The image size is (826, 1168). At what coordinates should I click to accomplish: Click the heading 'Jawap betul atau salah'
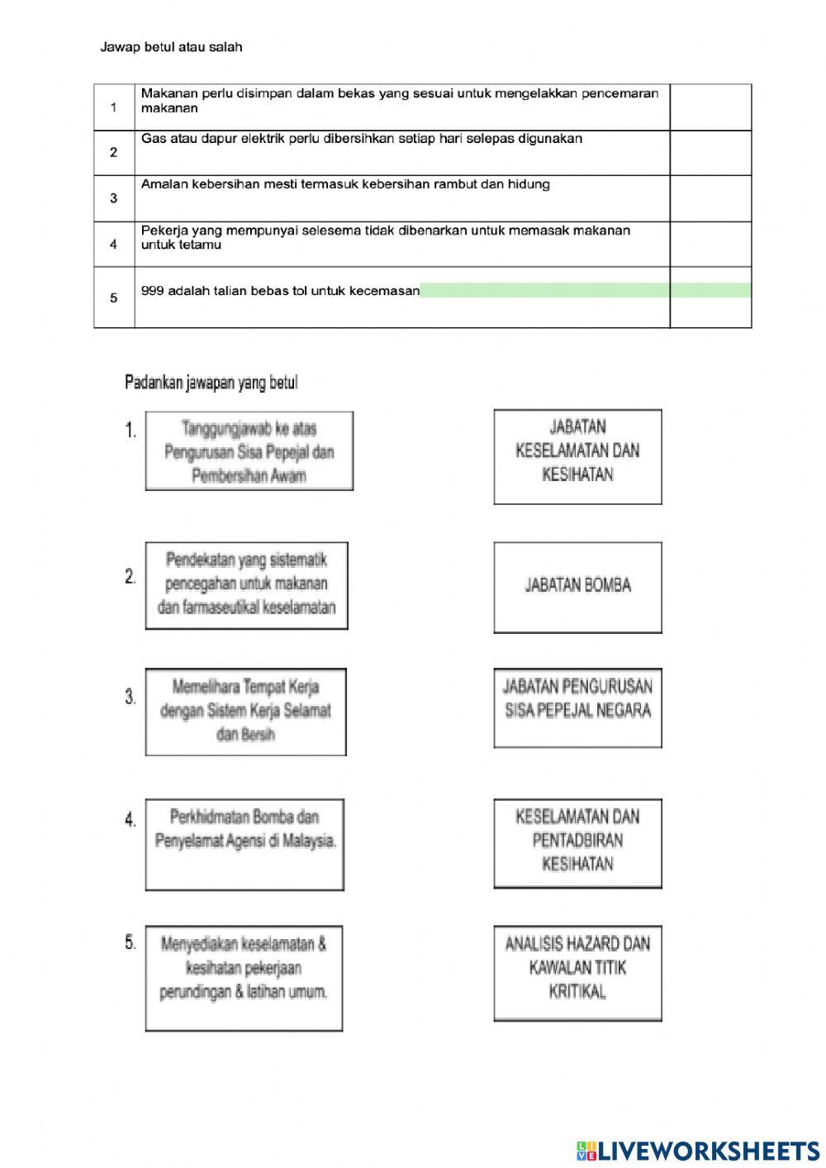(171, 47)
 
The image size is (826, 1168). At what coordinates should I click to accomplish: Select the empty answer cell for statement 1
(710, 107)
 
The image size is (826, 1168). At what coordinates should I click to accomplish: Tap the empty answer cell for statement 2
(710, 153)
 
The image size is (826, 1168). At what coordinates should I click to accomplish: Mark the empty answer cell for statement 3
(710, 198)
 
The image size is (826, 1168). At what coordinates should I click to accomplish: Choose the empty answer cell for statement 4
(710, 244)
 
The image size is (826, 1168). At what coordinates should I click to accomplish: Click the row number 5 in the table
(114, 298)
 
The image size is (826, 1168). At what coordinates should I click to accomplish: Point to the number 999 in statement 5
(152, 291)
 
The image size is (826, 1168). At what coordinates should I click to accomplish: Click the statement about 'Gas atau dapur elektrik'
(361, 139)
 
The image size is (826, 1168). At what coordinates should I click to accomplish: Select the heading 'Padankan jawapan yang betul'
(211, 383)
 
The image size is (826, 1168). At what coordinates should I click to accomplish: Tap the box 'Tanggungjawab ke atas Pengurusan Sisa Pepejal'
(249, 451)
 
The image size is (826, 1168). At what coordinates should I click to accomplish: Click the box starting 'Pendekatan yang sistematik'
(246, 584)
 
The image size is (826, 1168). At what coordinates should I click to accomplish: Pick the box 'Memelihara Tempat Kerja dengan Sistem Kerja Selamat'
(245, 711)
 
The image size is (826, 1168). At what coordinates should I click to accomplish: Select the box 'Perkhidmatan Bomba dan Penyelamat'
(244, 843)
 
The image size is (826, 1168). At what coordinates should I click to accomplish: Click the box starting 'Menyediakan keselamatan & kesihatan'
(244, 978)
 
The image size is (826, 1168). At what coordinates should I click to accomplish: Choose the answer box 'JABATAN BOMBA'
(577, 586)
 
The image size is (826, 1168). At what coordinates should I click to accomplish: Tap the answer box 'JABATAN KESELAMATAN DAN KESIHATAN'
(577, 455)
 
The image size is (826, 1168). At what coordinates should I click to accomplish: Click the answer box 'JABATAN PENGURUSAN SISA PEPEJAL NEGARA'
(577, 708)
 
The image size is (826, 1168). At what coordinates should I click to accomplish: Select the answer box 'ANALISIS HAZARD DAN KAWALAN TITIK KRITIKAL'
(577, 972)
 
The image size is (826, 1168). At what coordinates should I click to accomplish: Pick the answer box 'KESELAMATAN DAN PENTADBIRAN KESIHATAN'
(577, 842)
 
